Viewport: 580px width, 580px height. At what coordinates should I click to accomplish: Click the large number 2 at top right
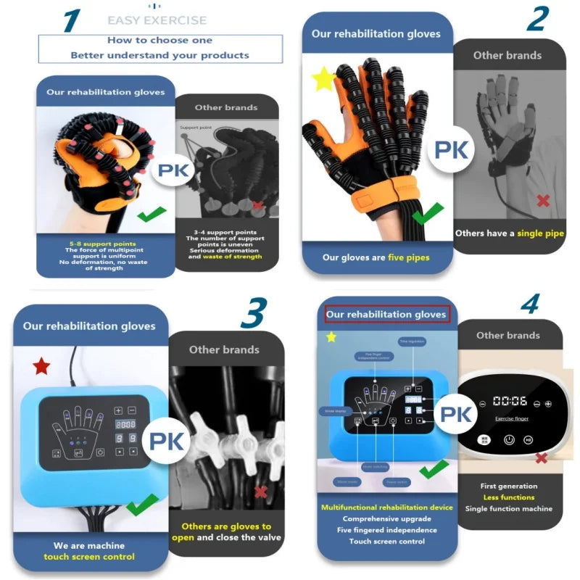tap(536, 19)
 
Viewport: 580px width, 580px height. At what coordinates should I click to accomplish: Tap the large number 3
tap(253, 312)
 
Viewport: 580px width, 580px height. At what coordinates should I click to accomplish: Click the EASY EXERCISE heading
tap(157, 20)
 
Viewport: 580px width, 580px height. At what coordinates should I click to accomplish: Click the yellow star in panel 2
tap(323, 79)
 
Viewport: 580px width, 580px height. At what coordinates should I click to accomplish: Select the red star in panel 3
tap(41, 366)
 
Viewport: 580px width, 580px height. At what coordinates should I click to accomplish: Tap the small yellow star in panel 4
tap(331, 337)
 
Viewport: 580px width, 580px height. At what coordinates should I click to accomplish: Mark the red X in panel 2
tap(542, 200)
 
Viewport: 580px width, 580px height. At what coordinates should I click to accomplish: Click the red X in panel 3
tap(260, 492)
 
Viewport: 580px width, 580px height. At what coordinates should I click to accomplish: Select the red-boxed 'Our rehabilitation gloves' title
tap(386, 315)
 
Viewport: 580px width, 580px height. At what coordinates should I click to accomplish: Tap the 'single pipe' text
tap(540, 233)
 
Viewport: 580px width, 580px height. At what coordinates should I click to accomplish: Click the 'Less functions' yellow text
tap(509, 497)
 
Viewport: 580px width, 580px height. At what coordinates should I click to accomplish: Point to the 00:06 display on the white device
tap(510, 400)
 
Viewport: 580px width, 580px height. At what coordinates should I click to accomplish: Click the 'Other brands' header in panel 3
tap(224, 349)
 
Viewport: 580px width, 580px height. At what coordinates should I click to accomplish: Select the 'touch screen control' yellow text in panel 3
tap(89, 557)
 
